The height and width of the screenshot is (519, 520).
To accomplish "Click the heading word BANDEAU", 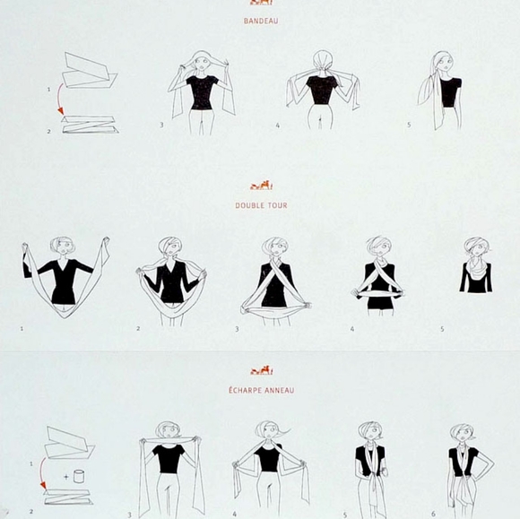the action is tap(261, 21).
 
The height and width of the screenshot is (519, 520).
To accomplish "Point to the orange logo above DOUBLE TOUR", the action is tap(261, 186).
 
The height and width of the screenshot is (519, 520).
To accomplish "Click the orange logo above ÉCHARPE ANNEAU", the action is tap(261, 370).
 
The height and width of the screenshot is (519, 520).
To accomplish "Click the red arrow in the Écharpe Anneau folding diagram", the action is tap(41, 472).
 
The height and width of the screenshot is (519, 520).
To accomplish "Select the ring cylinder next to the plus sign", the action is tap(79, 476).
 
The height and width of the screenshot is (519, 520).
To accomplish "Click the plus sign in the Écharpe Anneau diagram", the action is tap(66, 477).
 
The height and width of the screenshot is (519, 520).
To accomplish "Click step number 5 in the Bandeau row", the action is tap(409, 125).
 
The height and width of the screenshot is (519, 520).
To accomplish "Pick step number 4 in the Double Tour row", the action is tap(352, 329).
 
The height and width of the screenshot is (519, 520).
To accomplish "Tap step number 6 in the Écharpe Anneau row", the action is tap(433, 514).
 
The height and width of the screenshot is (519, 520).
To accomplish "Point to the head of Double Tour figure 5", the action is tap(477, 247).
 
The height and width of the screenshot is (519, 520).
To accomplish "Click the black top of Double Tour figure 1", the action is tap(60, 281).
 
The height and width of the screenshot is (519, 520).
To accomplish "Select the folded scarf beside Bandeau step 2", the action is tap(91, 125).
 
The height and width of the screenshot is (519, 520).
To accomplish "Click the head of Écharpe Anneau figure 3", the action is tap(169, 430).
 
